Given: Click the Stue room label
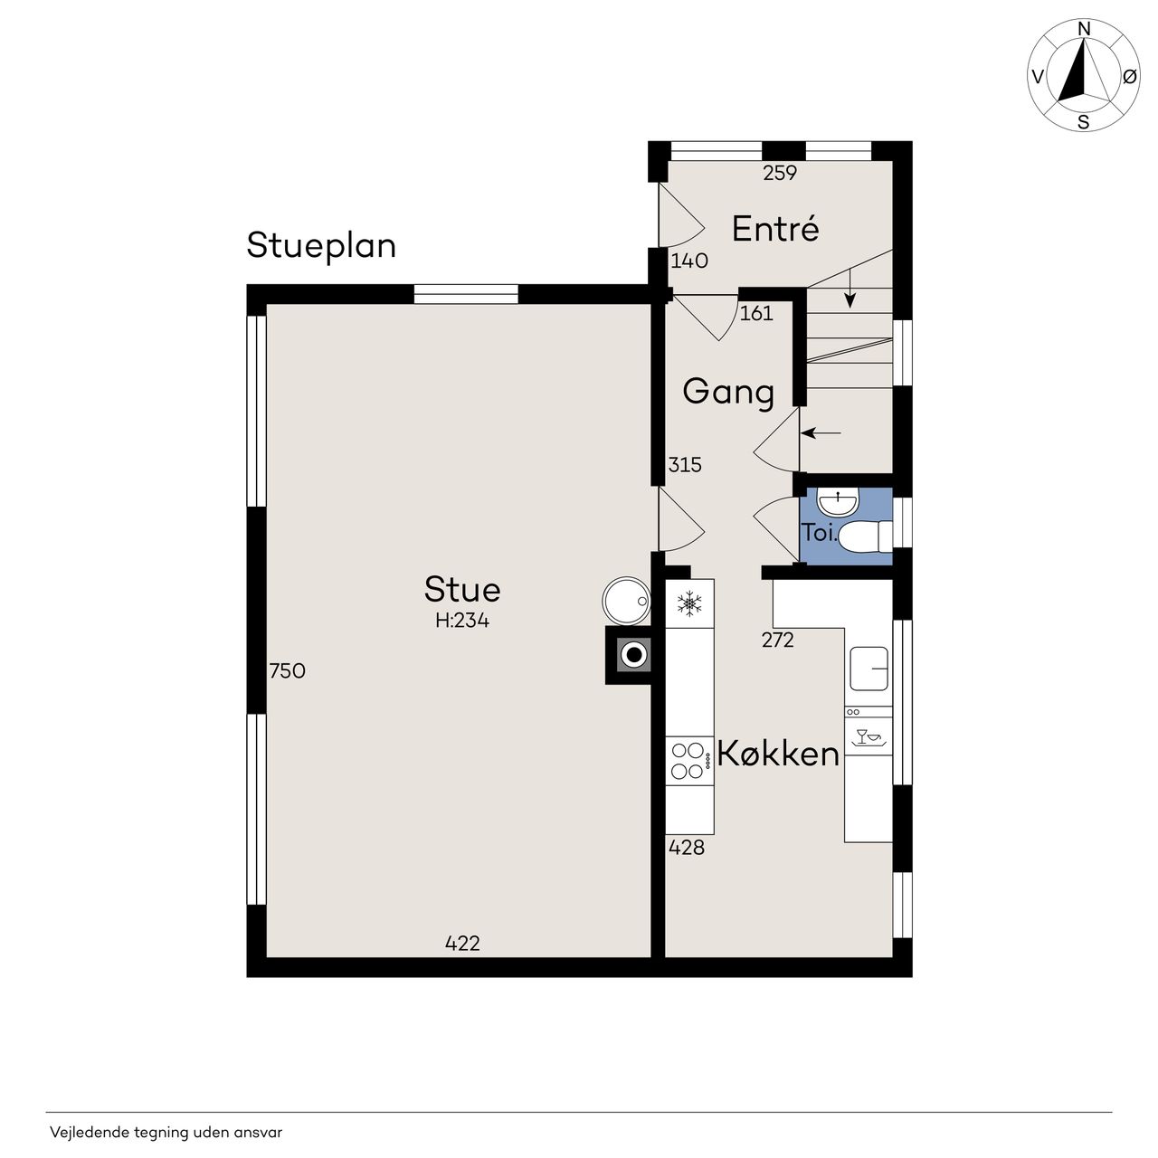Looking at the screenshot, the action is pyautogui.click(x=462, y=589).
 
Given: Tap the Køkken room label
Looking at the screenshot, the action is pyautogui.click(x=778, y=754).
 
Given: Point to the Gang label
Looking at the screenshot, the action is pyautogui.click(x=728, y=393).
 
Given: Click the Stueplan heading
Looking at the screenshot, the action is pyautogui.click(x=321, y=246).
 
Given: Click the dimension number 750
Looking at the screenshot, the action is pyautogui.click(x=288, y=670).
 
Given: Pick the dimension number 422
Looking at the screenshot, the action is pyautogui.click(x=462, y=944).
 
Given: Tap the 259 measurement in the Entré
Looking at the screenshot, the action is pyautogui.click(x=780, y=173).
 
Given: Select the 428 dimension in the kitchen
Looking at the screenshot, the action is pyautogui.click(x=687, y=848).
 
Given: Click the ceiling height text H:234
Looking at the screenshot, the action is pyautogui.click(x=462, y=621).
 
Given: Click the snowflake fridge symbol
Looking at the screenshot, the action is pyautogui.click(x=689, y=603).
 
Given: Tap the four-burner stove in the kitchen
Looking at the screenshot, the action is pyautogui.click(x=689, y=761).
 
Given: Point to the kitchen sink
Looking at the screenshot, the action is pyautogui.click(x=868, y=669).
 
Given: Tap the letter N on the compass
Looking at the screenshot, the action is pyautogui.click(x=1084, y=29).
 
